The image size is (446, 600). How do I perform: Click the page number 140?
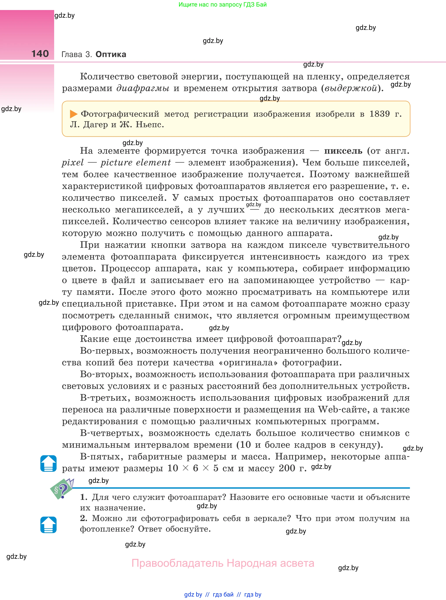tap(40, 54)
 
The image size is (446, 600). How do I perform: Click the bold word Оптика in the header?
tap(111, 54)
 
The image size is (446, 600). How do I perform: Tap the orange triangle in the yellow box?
tap(73, 114)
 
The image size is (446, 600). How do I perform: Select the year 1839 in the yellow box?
tap(379, 114)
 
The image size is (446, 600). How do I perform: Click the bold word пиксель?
tap(343, 151)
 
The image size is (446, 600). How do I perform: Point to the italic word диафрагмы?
tap(143, 88)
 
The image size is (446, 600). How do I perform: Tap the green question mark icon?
tap(62, 489)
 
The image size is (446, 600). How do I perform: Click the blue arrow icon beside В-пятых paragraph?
tap(48, 463)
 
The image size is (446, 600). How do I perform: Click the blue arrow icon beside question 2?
tap(48, 525)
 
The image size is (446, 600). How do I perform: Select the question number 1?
tap(83, 497)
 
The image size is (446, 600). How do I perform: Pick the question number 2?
tap(83, 518)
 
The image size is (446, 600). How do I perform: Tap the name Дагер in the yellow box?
tap(95, 125)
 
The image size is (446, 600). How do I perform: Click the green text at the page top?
tap(222, 5)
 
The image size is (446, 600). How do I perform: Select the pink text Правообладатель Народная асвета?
tap(223, 563)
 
